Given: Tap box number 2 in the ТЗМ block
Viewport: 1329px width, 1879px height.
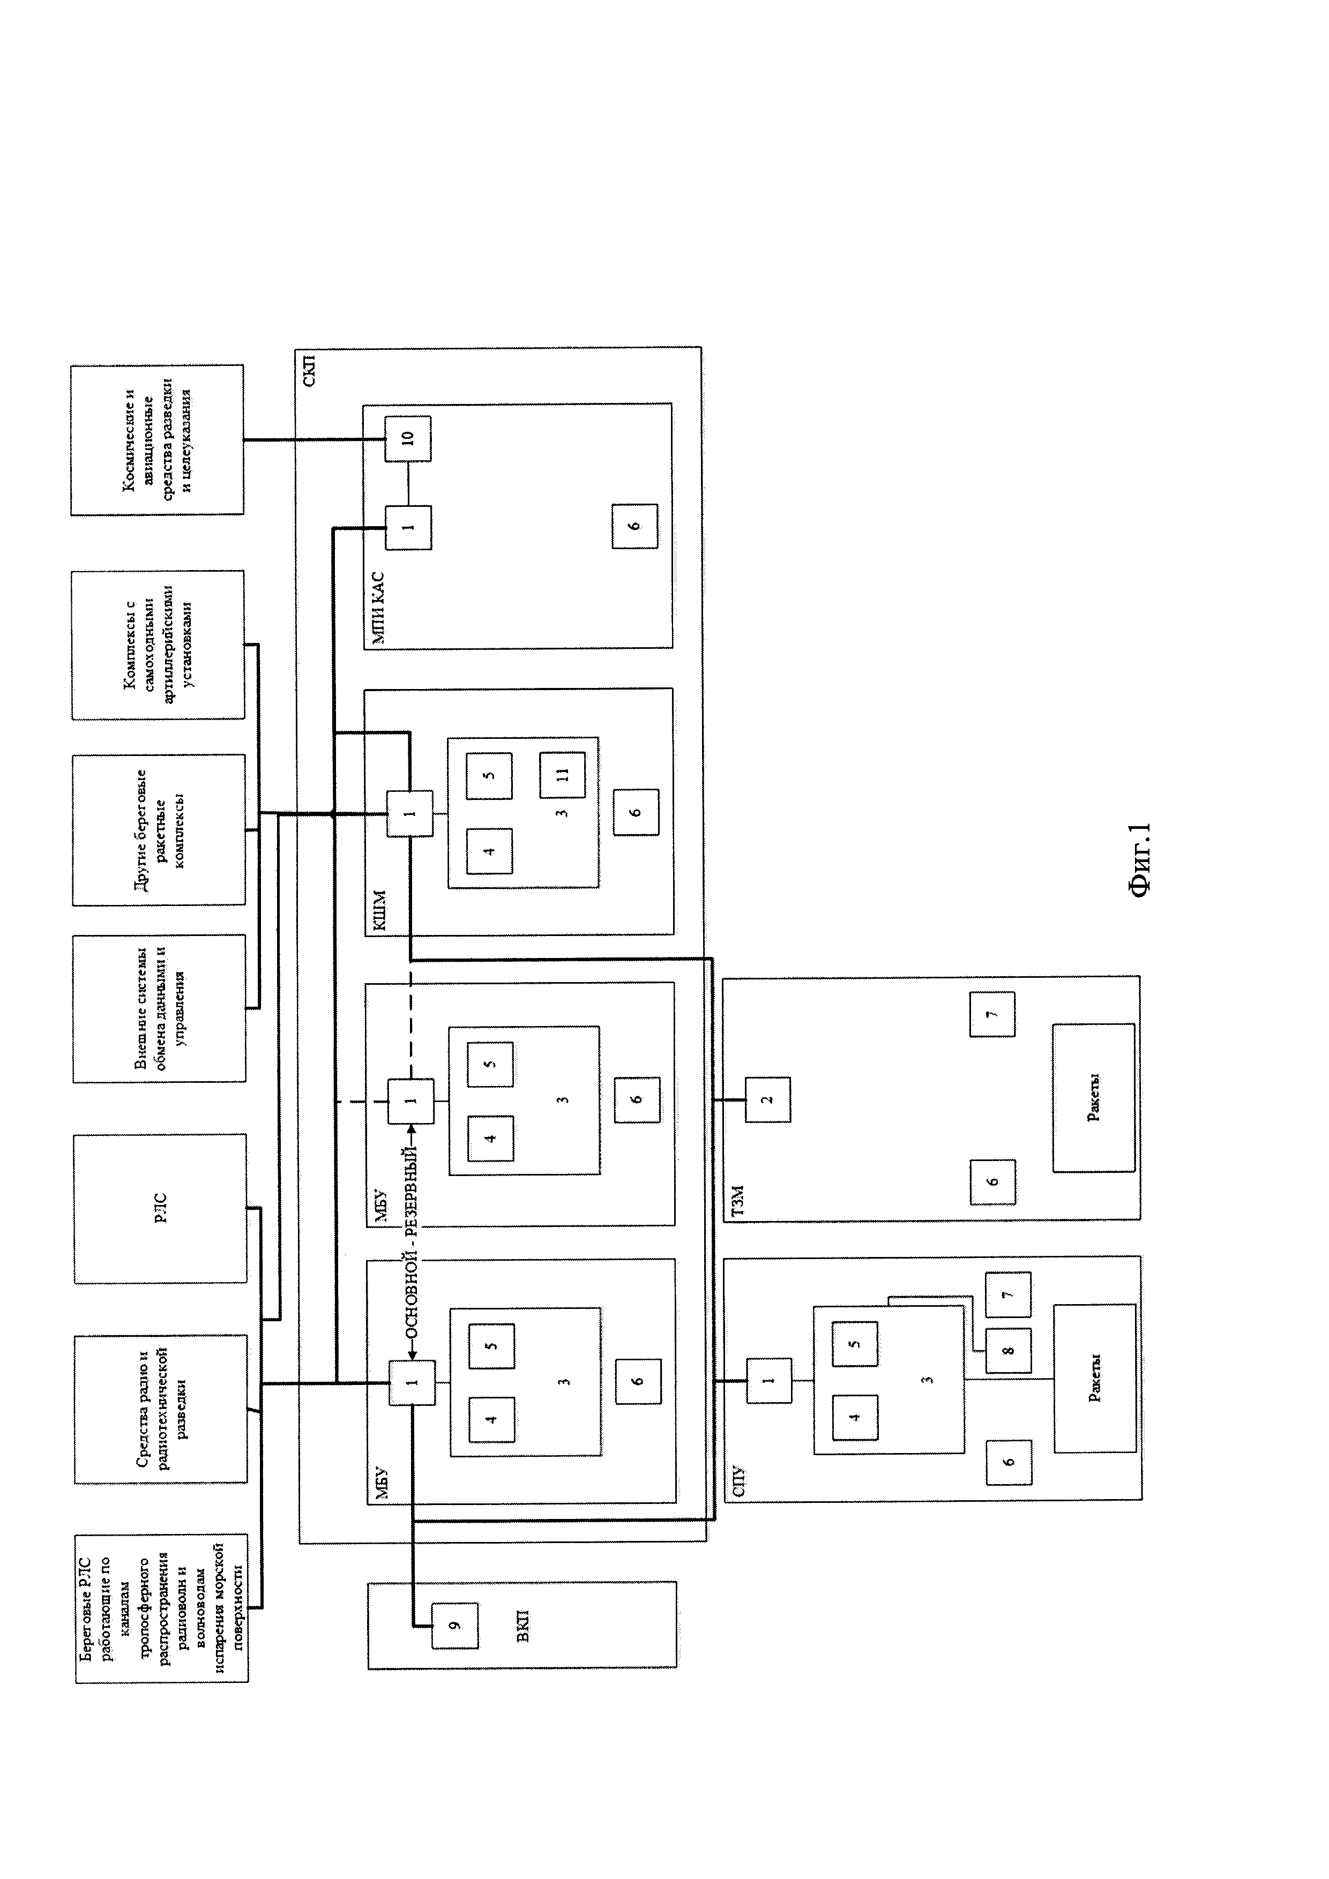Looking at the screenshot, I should (767, 1099).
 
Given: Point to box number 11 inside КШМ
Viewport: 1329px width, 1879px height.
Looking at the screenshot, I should (562, 774).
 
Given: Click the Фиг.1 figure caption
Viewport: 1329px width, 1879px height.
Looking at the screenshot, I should (1140, 861).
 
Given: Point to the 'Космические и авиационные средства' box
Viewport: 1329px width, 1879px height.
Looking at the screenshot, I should (157, 439).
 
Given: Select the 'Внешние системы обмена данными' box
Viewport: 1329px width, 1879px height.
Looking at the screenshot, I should (159, 1008).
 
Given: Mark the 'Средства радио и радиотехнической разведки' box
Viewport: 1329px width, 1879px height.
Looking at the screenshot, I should (160, 1409).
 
